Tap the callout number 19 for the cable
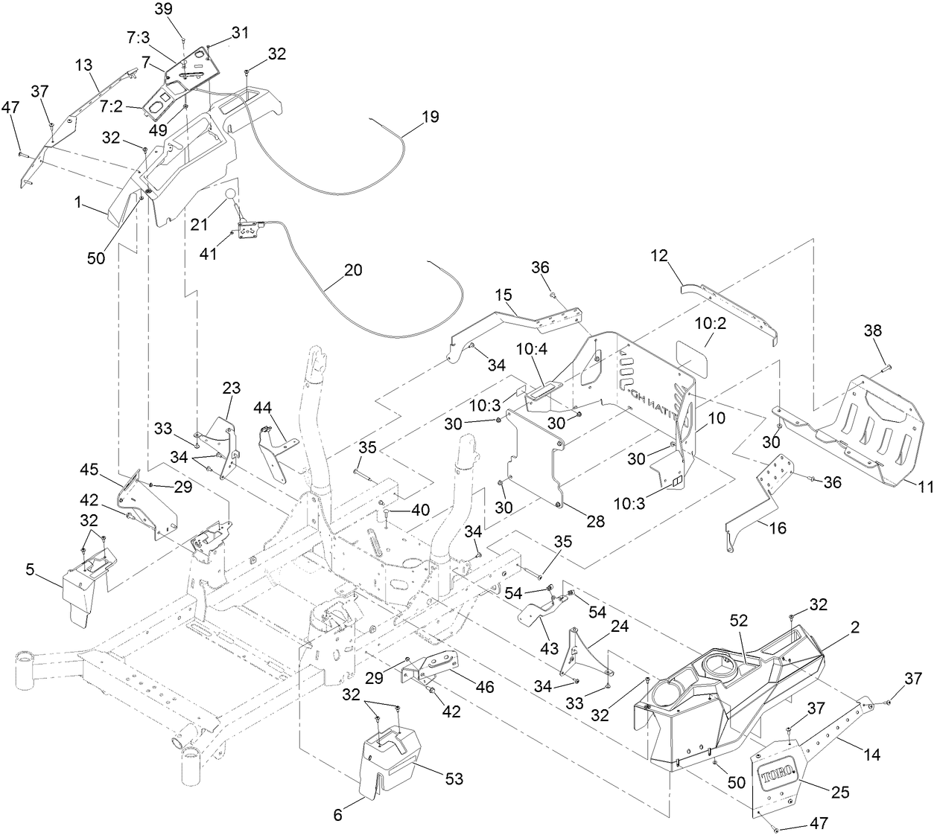[430, 117]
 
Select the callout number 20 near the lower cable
[353, 269]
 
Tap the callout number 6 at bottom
[337, 815]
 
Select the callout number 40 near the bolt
[421, 510]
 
